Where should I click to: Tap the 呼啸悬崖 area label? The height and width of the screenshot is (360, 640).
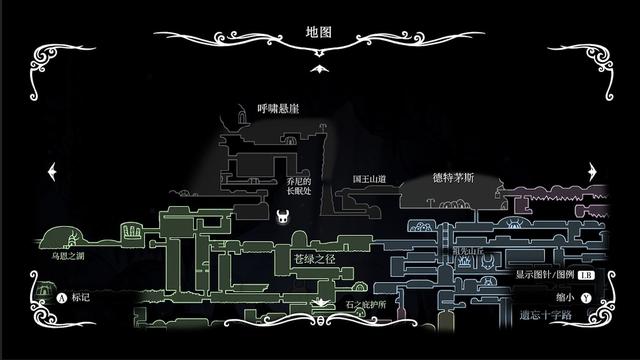click(278, 108)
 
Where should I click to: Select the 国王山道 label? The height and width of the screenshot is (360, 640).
click(369, 179)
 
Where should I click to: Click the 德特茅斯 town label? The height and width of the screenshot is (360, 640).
click(453, 178)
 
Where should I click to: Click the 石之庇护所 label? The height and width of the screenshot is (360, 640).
click(366, 303)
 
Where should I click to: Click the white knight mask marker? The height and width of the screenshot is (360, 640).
click(283, 217)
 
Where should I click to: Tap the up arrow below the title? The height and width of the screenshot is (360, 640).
click(319, 68)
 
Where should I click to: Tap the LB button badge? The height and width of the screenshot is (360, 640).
click(585, 273)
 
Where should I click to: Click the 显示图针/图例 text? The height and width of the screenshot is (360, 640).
click(544, 273)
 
